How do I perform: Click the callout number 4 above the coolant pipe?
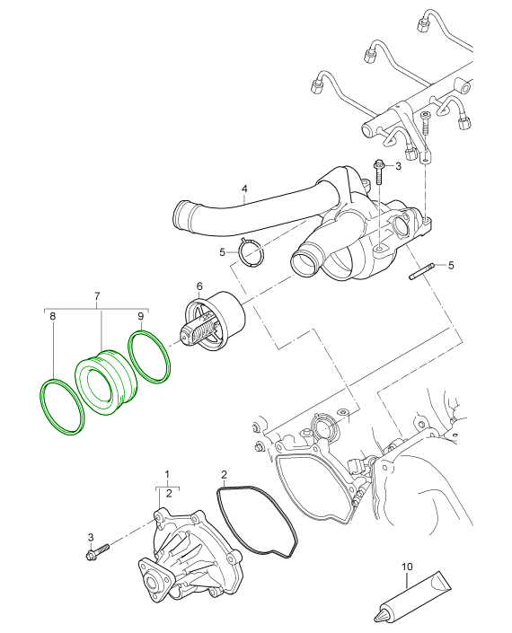coord(243,189)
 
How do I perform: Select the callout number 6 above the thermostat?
coord(199,286)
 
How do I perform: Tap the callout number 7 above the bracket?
coord(97,295)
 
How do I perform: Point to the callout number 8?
coord(52,317)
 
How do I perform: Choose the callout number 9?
coord(141,317)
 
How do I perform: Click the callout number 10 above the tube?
coord(406,567)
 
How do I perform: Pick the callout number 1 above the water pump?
coord(166,472)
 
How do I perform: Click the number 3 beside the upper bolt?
coord(397,166)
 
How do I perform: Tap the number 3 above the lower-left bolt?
coord(91,536)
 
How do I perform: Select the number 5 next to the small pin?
coord(451,265)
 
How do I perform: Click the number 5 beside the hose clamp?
coord(223,253)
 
